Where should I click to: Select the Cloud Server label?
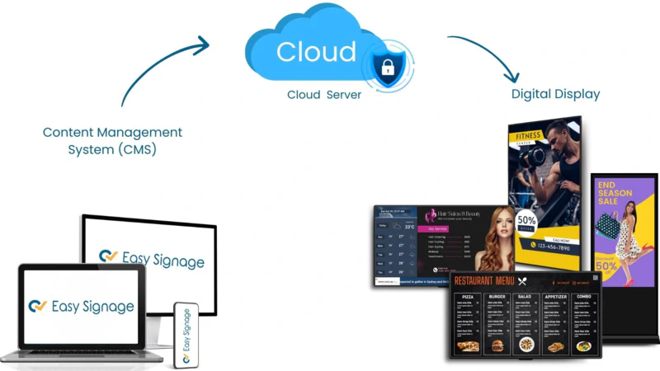pyautogui.click(x=324, y=95)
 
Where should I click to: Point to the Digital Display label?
pyautogui.click(x=555, y=94)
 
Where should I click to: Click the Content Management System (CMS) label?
pyautogui.click(x=112, y=141)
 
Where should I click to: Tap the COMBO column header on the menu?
pyautogui.click(x=583, y=296)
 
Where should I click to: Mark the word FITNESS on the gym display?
pyautogui.click(x=529, y=136)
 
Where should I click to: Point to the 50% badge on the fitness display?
pyautogui.click(x=526, y=222)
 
